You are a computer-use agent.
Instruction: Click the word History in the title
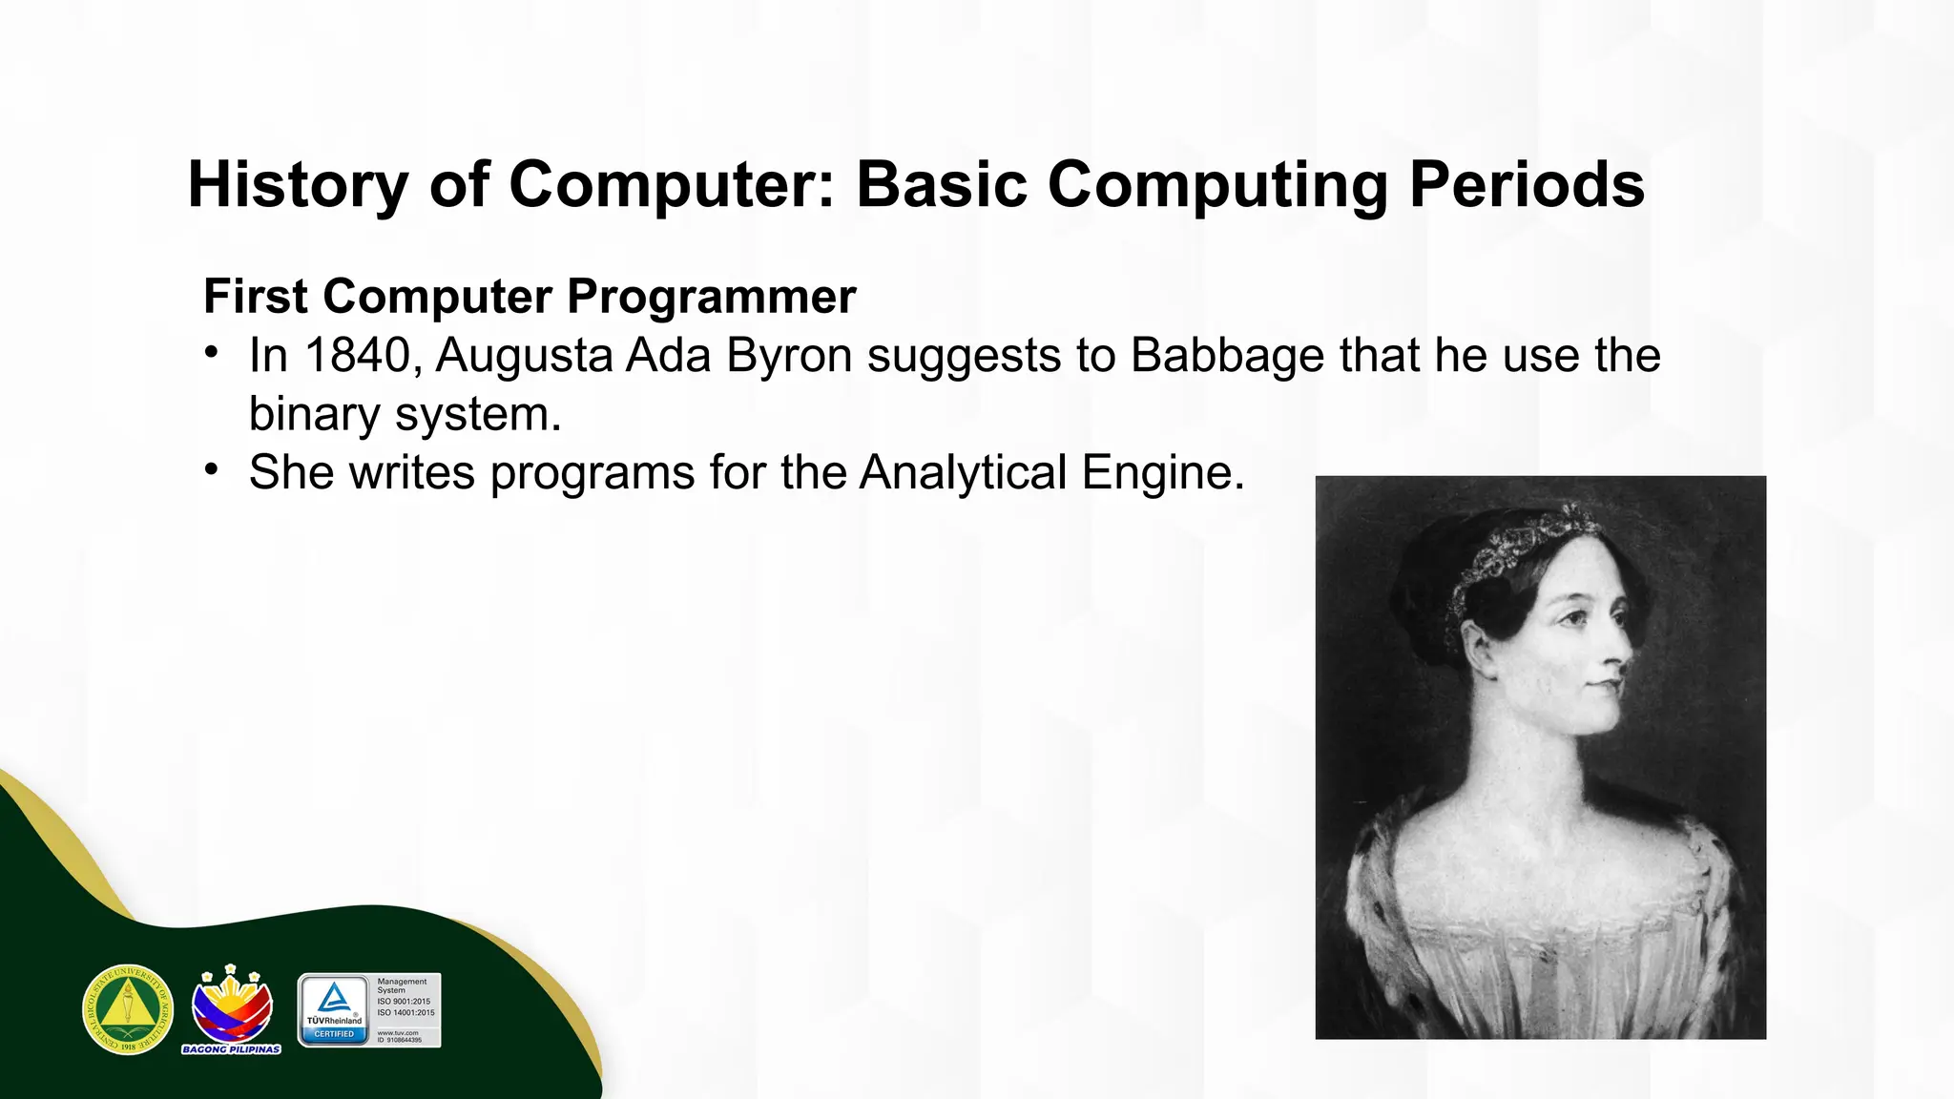(x=297, y=184)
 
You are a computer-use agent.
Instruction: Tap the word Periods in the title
(x=1527, y=184)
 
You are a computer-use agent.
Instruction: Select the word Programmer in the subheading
(x=711, y=297)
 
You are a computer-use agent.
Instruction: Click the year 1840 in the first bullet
(x=358, y=356)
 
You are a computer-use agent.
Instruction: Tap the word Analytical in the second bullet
(x=963, y=472)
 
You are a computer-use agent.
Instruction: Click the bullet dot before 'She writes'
(x=212, y=469)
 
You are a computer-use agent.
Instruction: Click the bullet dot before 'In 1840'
(x=212, y=353)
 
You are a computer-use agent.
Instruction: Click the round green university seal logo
(x=128, y=1009)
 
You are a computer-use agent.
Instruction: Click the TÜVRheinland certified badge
(x=369, y=1010)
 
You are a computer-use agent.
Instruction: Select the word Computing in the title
(x=1217, y=184)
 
